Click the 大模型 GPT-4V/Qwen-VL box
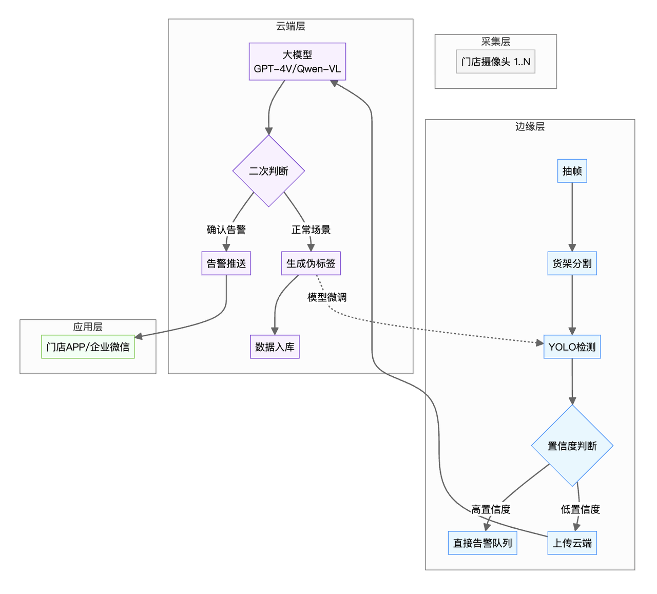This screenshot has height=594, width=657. [x=297, y=62]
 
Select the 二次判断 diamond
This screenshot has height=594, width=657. [x=268, y=171]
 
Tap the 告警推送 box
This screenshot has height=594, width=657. [x=226, y=263]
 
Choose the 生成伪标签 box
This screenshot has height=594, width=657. [x=311, y=263]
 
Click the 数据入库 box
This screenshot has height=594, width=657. [x=275, y=347]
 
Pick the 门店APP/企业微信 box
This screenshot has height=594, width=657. [x=88, y=347]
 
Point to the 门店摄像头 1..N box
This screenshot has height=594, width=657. [x=495, y=62]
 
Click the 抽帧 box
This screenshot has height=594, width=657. [x=572, y=171]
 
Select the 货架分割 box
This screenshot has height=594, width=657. [x=572, y=263]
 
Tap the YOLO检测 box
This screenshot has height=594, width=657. [x=572, y=347]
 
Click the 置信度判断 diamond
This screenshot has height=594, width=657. [x=572, y=446]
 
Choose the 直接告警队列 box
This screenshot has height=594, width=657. [x=482, y=543]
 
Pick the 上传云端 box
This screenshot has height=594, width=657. [x=572, y=543]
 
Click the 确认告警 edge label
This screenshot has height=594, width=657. [x=226, y=229]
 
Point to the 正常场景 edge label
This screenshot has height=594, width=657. [x=311, y=229]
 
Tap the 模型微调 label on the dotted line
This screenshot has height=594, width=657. [x=327, y=297]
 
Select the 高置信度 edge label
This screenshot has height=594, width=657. [x=491, y=509]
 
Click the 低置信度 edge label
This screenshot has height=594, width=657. [x=580, y=509]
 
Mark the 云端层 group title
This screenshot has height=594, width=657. [x=291, y=26]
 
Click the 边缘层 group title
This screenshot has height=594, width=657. [x=530, y=126]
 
